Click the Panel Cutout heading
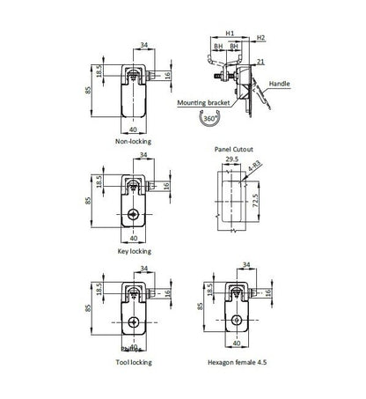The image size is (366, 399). tap(232, 150)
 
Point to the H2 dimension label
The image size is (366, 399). tap(261, 38)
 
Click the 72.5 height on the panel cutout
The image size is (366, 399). tap(256, 202)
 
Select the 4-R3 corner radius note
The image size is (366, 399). tap(253, 166)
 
